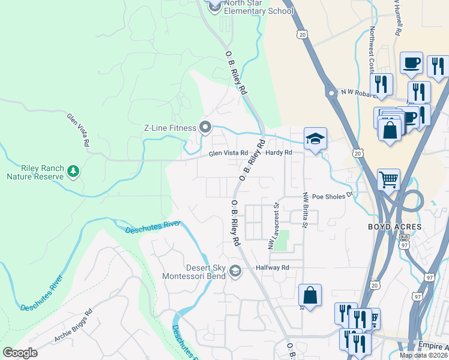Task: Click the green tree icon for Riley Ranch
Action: [73, 172]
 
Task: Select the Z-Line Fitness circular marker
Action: [205, 127]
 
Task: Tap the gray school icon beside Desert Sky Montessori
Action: [235, 272]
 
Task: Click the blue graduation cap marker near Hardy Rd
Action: [315, 139]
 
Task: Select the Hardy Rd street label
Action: [279, 153]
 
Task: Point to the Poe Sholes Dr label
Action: [334, 195]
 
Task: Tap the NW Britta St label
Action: [305, 210]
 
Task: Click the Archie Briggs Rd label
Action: [73, 326]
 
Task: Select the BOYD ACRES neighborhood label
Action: [396, 227]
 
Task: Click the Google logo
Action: [20, 353]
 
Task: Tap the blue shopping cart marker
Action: [388, 179]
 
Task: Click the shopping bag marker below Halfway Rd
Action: [310, 295]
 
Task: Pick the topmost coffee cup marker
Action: [411, 62]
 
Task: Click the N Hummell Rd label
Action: [397, 18]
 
